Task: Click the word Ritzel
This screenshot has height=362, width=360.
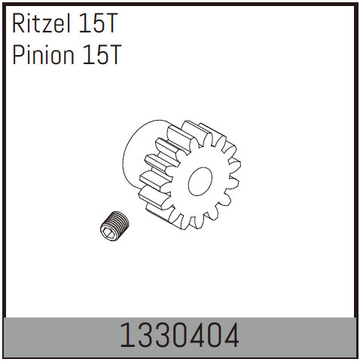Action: tap(41, 23)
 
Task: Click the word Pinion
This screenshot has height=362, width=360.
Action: tap(44, 54)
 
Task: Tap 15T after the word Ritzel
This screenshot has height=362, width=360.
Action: tap(97, 23)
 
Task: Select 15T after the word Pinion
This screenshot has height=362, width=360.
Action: tap(102, 54)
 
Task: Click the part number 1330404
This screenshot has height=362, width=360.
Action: tap(179, 336)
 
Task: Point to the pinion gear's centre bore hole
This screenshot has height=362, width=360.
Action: tap(200, 181)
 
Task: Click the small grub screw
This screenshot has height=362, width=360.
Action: tap(114, 225)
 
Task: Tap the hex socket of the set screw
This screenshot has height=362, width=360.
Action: tap(108, 232)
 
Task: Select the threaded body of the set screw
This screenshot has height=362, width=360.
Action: tap(118, 221)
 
